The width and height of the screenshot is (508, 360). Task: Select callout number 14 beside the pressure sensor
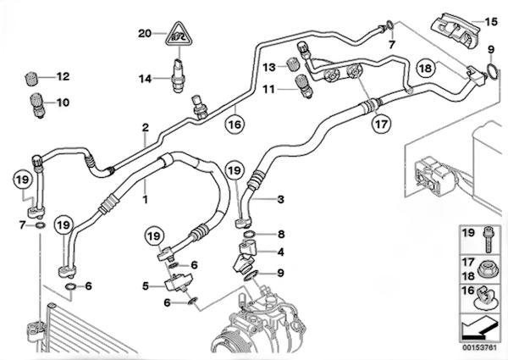point(145,78)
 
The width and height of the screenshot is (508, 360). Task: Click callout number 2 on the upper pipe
point(146,128)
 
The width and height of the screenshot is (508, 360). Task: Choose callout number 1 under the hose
point(145,201)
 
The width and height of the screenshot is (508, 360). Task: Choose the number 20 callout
point(146,33)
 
